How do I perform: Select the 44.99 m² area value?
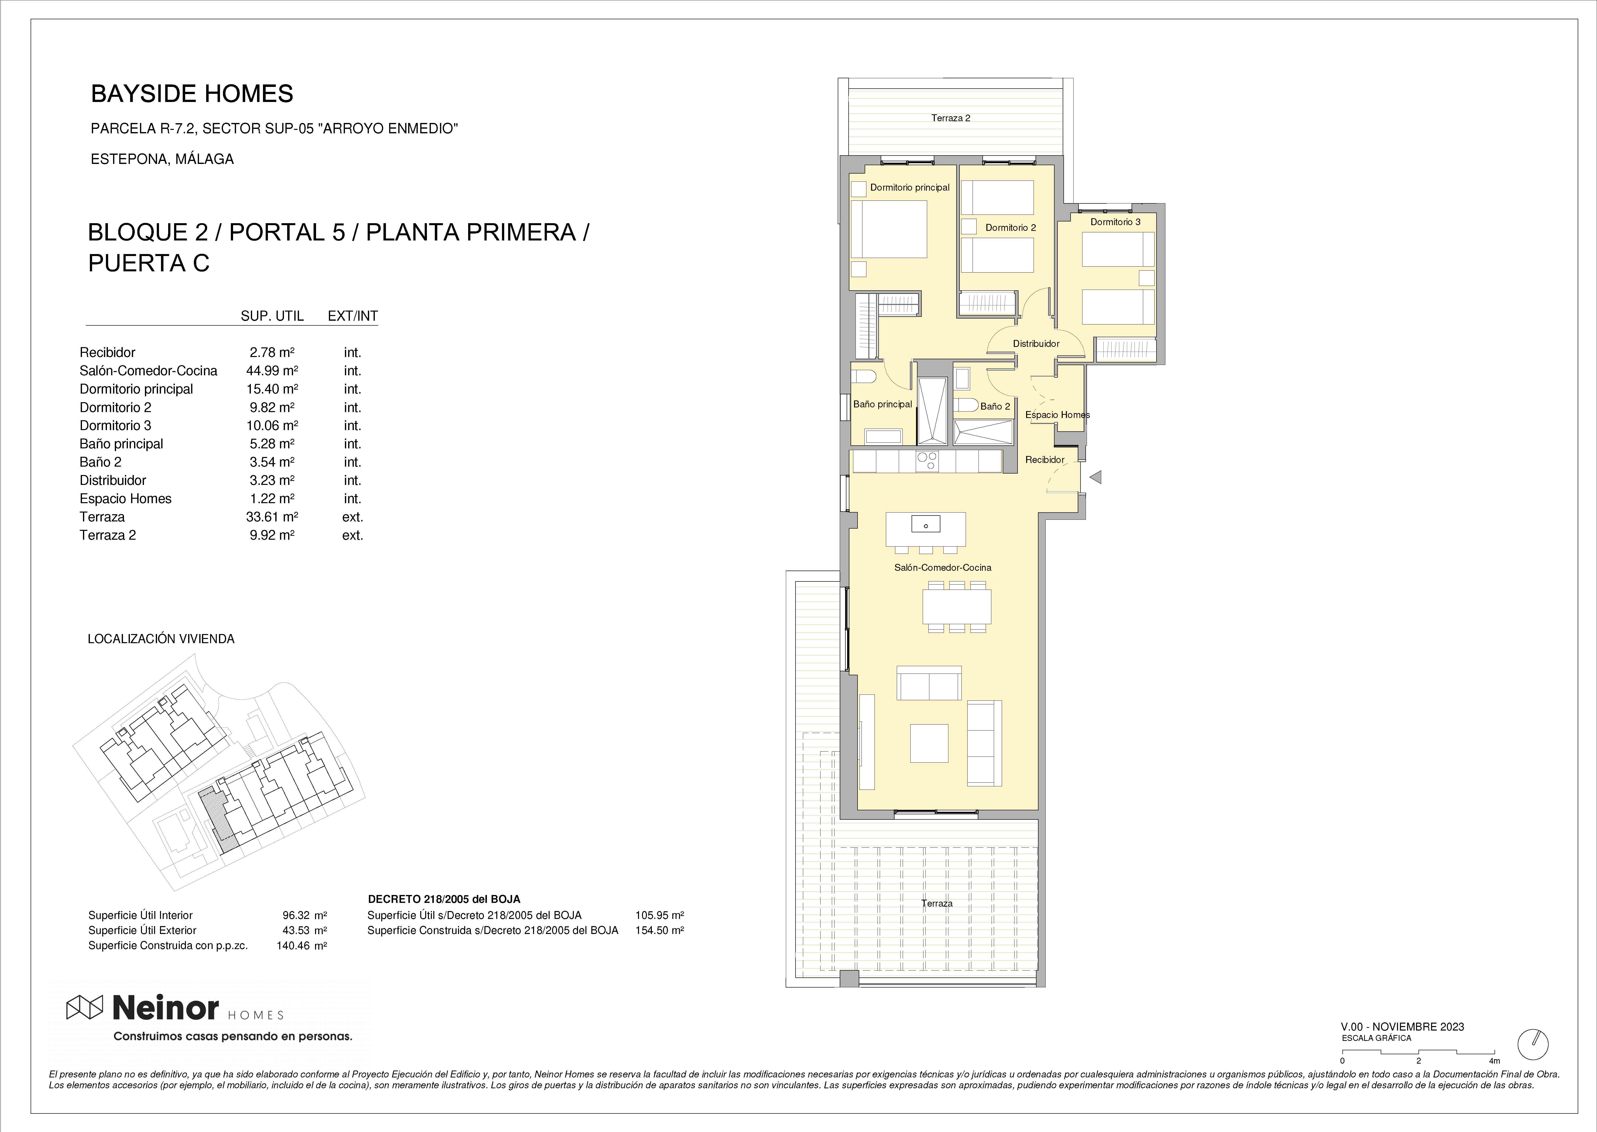click(272, 371)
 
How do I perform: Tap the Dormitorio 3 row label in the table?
click(115, 425)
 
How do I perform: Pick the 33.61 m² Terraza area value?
click(272, 516)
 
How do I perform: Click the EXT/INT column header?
click(353, 316)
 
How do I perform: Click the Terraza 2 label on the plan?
click(951, 118)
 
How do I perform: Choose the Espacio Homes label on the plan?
click(1058, 415)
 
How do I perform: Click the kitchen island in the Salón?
click(926, 530)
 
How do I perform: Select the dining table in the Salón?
click(957, 606)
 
